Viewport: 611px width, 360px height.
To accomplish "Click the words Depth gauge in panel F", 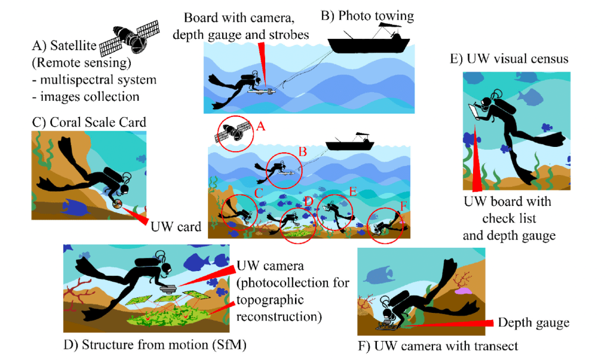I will point(533,323).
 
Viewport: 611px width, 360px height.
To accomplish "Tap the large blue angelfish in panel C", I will point(74,207).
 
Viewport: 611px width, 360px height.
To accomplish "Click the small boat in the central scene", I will point(350,143).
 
